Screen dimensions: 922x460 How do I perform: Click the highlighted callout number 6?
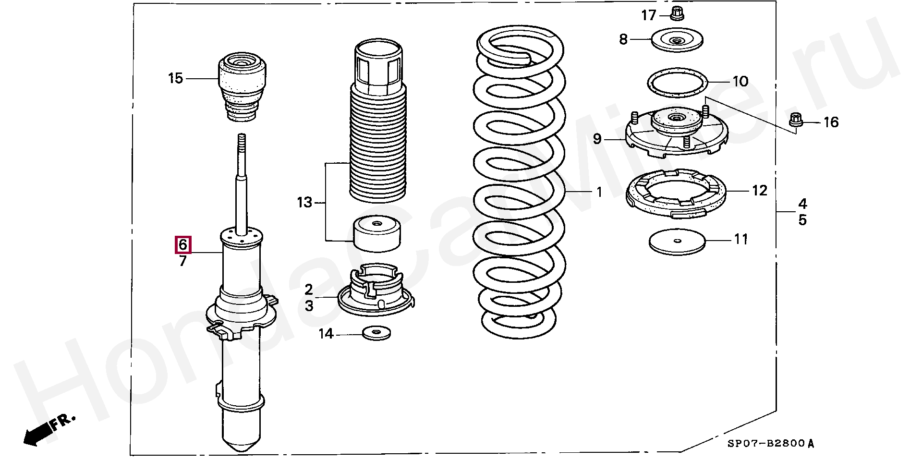[182, 245]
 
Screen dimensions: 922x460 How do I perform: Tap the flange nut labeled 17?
[677, 14]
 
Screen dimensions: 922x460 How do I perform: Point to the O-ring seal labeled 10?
[677, 83]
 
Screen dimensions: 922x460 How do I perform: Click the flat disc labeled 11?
[677, 242]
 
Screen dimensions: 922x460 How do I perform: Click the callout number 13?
[304, 203]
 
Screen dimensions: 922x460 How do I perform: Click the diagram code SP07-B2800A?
[770, 444]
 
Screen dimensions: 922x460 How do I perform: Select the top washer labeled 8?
[677, 39]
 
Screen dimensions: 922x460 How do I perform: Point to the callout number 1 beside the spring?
[599, 193]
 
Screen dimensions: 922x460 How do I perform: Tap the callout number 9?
[597, 139]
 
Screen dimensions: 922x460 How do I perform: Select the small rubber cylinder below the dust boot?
[377, 234]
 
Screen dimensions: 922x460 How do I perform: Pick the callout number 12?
[760, 191]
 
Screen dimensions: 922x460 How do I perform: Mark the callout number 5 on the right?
[802, 220]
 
